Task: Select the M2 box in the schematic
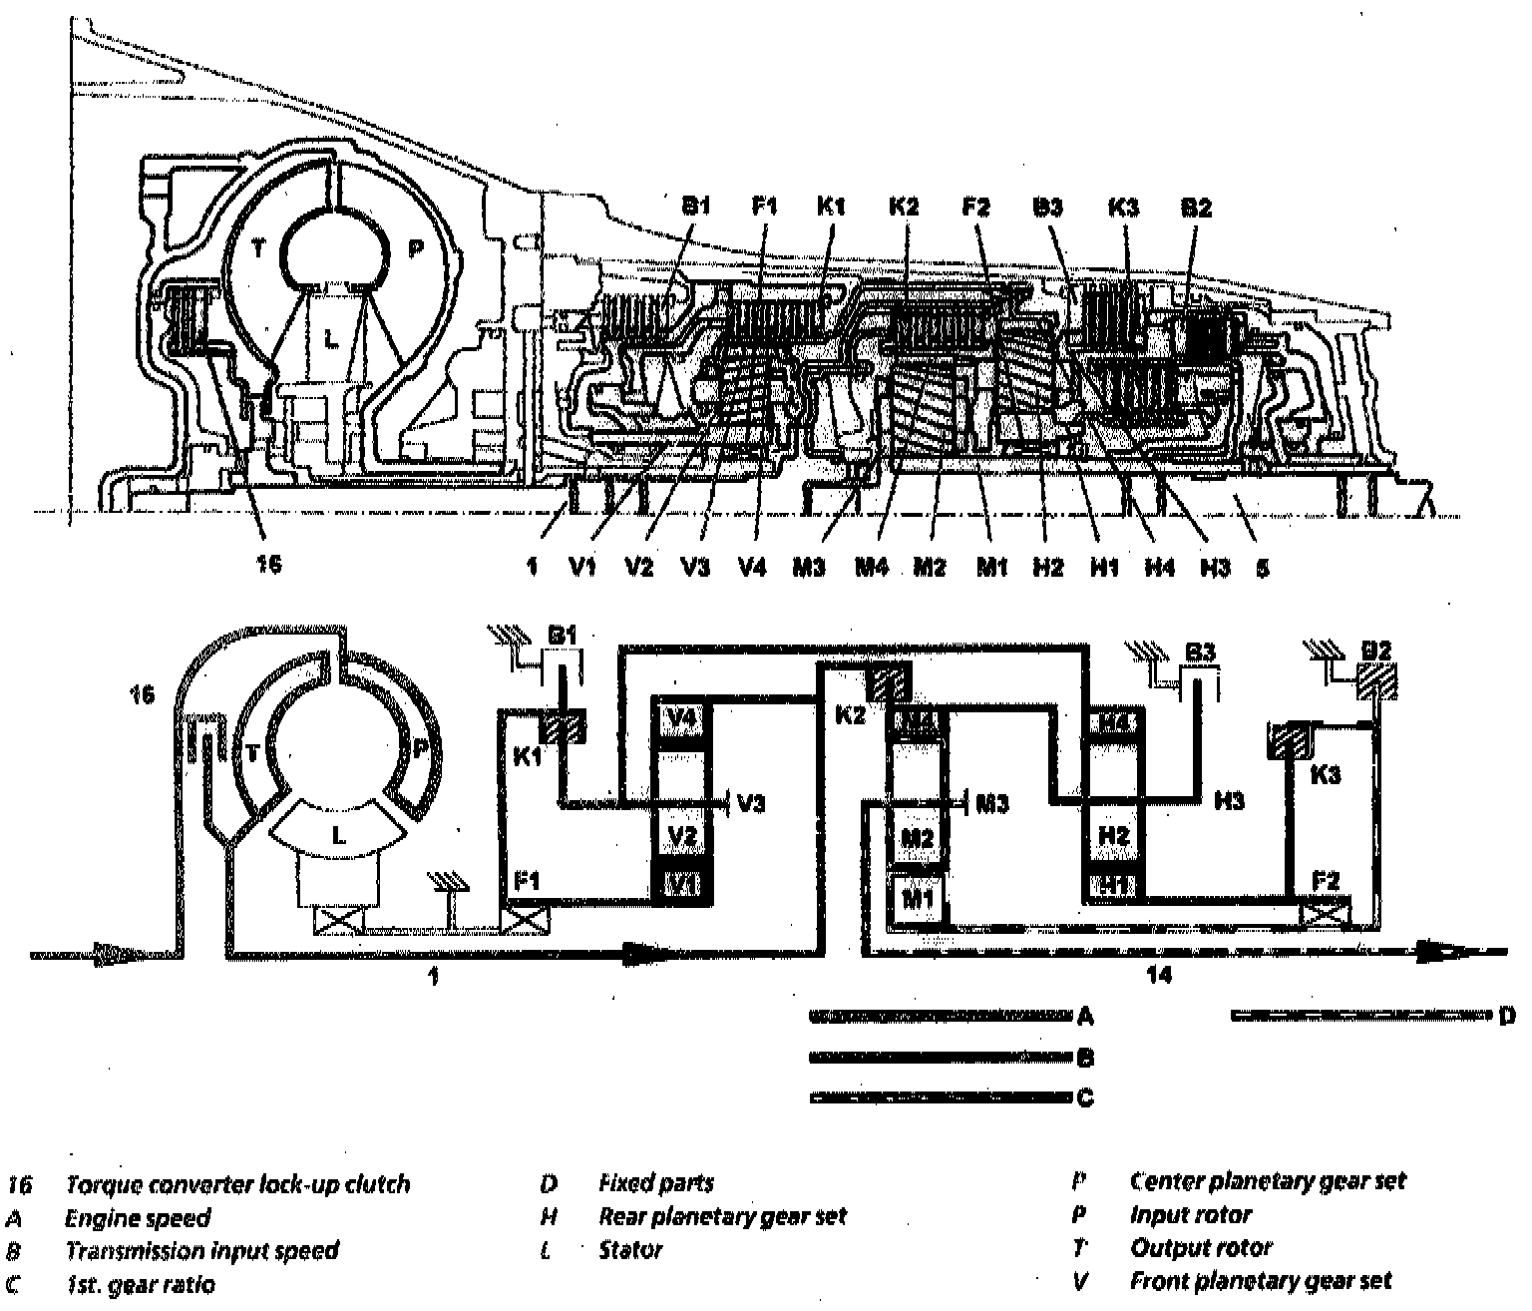[917, 838]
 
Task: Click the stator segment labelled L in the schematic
[339, 836]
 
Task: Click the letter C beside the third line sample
[1086, 1098]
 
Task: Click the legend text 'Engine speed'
[138, 1218]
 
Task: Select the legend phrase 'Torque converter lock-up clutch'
[237, 1185]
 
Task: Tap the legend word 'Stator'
[630, 1250]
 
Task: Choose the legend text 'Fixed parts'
[655, 1184]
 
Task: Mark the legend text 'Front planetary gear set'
[1260, 1281]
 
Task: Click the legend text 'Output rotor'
[1201, 1248]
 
